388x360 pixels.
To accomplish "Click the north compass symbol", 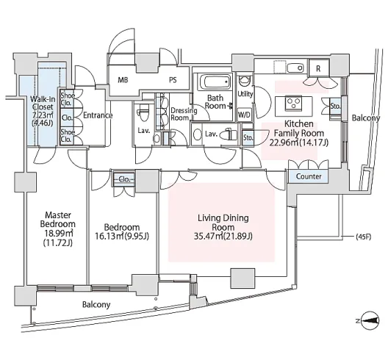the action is tap(370, 320).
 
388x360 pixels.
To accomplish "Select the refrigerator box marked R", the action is tap(319, 68).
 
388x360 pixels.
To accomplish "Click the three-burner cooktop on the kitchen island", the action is tap(293, 102).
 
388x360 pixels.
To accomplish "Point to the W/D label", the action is tap(244, 115).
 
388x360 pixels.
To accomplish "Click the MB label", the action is tap(123, 80).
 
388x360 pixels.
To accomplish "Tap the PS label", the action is tap(173, 80).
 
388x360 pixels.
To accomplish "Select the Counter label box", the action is tap(309, 176).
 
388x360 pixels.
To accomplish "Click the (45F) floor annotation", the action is tap(364, 237).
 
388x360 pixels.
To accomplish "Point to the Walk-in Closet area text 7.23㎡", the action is tap(43, 115).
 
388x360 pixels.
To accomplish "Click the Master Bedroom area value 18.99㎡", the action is tap(59, 234).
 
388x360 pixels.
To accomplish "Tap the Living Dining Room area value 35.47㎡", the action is tap(208, 237).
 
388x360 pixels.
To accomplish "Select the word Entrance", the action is tap(98, 115).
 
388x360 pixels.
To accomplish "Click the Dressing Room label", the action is tap(184, 114).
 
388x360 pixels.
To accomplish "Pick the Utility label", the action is tap(245, 94).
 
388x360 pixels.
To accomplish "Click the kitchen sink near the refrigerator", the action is tap(295, 68).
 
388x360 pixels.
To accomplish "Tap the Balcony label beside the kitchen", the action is tap(366, 118).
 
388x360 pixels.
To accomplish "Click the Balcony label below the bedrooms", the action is tap(96, 304).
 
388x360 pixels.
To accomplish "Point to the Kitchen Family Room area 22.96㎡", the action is tap(284, 143).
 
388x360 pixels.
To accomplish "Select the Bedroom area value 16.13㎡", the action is tap(109, 237).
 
